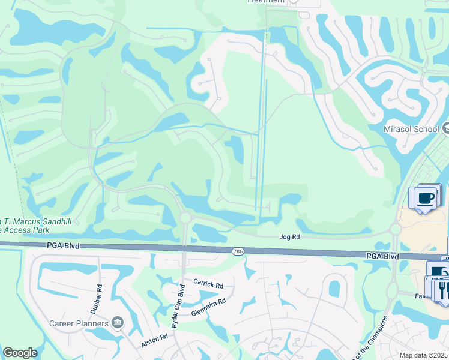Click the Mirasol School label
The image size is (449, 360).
411,129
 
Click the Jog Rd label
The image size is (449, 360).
289,237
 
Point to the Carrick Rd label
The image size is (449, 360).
208,281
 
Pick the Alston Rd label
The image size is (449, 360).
154,340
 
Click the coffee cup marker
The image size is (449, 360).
425,198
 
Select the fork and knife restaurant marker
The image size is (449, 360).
442,290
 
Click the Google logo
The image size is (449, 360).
20,353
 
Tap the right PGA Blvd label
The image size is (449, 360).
382,256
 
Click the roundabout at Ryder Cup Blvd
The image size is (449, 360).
184,217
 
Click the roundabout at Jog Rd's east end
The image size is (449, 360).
395,229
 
